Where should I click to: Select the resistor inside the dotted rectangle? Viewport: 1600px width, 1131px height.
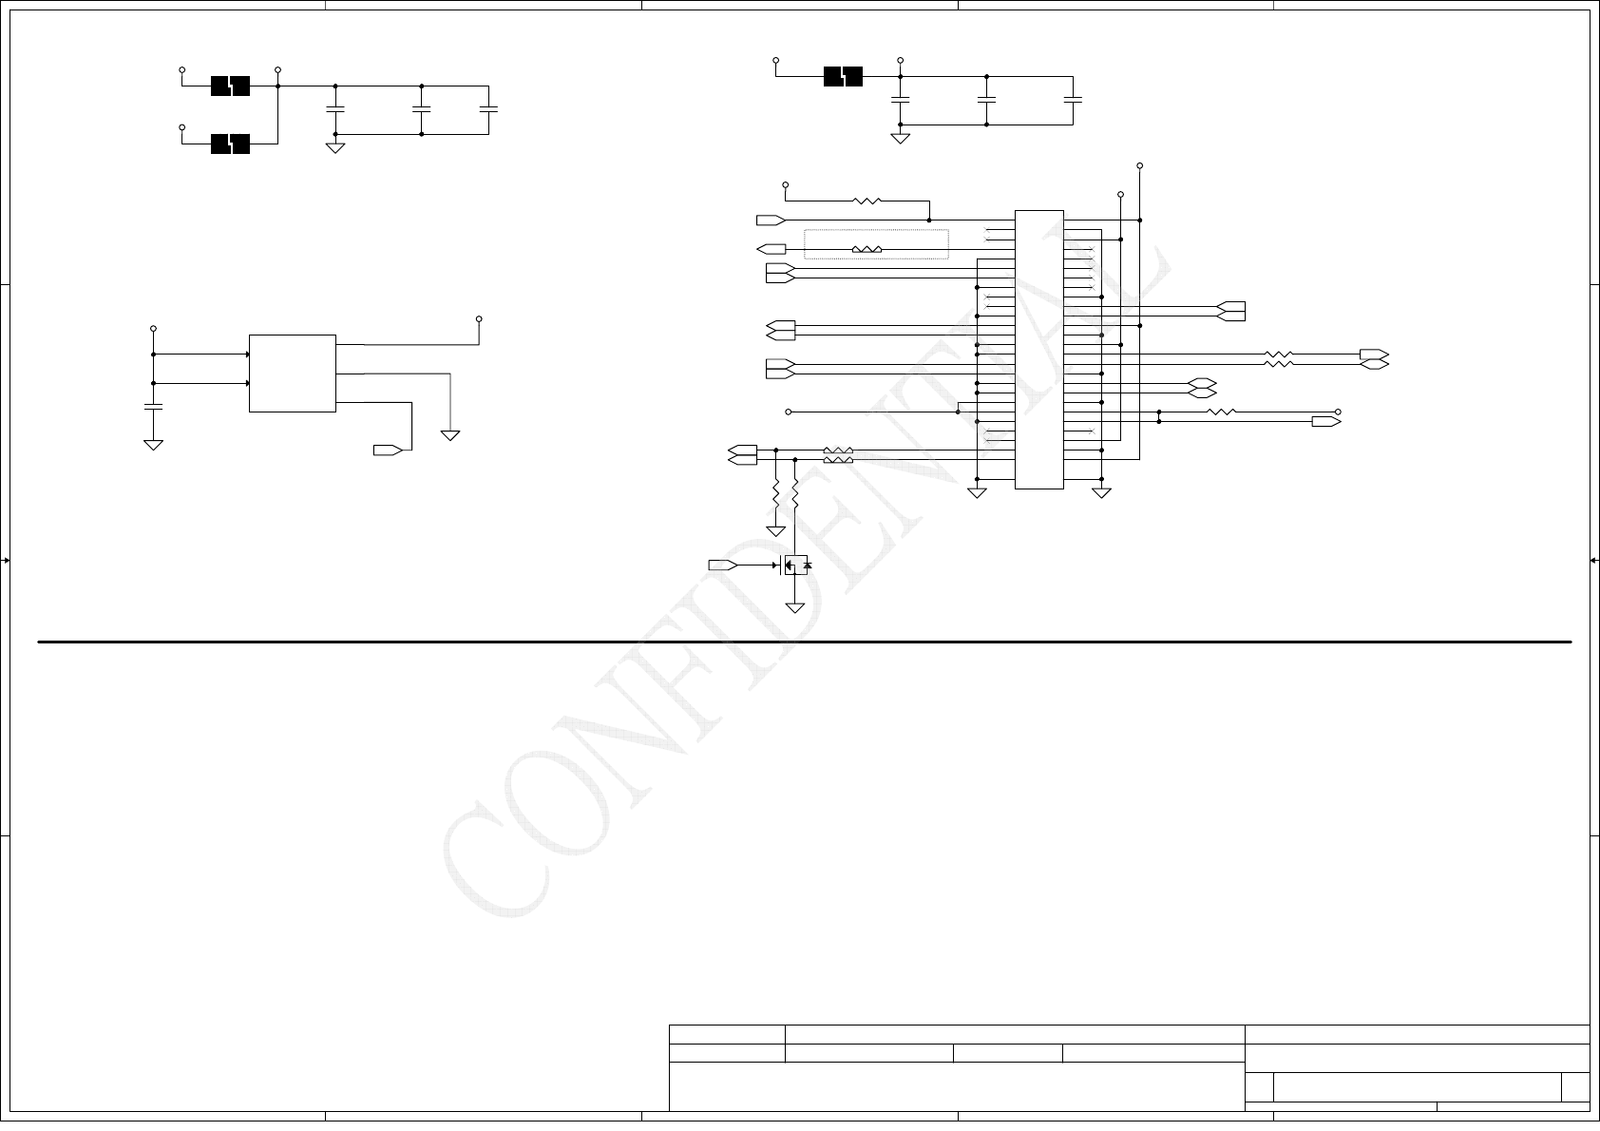click(x=867, y=250)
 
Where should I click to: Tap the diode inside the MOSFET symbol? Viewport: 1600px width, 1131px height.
click(x=807, y=565)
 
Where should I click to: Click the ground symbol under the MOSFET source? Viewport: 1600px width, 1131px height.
click(x=795, y=608)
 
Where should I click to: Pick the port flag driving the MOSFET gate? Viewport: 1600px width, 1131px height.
click(x=722, y=565)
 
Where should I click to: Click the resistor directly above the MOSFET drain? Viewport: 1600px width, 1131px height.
click(x=795, y=494)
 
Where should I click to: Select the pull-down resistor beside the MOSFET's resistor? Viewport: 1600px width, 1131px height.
click(x=776, y=494)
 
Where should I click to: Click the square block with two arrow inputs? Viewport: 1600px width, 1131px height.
click(x=292, y=374)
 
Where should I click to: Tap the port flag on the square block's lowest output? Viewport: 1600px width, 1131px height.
click(x=388, y=450)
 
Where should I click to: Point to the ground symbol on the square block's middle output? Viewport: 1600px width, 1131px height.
click(x=450, y=435)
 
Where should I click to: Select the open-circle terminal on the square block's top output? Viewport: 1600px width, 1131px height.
click(x=479, y=318)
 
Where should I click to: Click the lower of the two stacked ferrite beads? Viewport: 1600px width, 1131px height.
click(x=230, y=144)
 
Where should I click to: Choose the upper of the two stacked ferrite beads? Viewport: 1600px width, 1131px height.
click(x=230, y=86)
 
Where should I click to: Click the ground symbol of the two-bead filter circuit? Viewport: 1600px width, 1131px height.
click(x=335, y=147)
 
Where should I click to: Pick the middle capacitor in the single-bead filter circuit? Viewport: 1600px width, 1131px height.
click(x=986, y=99)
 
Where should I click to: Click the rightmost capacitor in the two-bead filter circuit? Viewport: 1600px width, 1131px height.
click(x=488, y=109)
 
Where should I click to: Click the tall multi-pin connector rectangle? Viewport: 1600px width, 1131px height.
click(x=1038, y=350)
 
